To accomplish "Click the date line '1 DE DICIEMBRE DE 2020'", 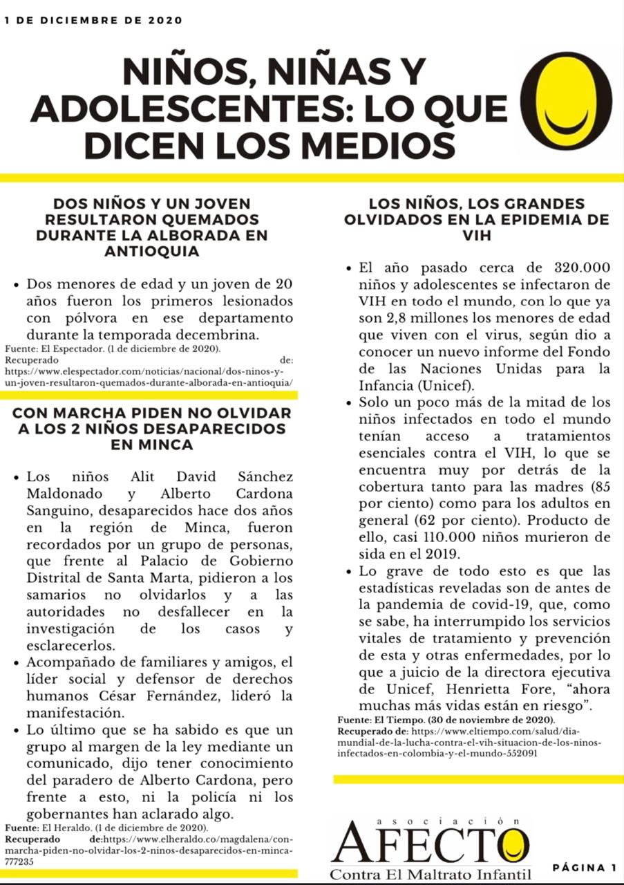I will (x=93, y=21).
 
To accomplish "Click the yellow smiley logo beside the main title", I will (x=566, y=101).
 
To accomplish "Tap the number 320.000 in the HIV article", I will (x=582, y=268).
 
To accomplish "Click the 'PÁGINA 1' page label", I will (x=585, y=868).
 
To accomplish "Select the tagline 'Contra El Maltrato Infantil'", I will (x=430, y=874).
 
